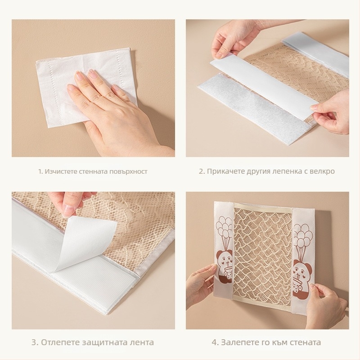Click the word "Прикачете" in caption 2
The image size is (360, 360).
226,171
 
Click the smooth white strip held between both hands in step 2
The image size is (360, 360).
264,85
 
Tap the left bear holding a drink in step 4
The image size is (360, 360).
225,267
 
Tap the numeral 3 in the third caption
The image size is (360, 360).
34,342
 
